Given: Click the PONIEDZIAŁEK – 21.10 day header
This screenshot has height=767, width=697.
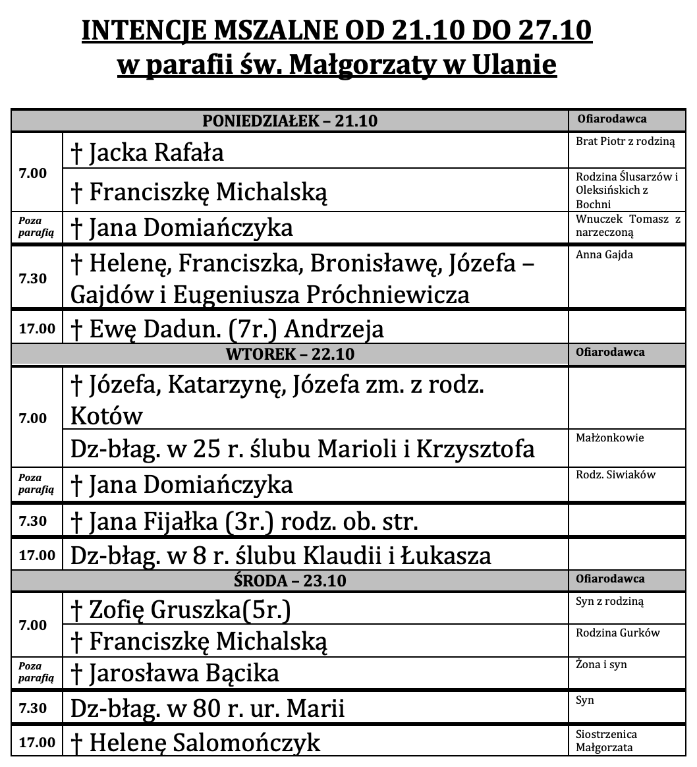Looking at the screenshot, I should click(290, 121).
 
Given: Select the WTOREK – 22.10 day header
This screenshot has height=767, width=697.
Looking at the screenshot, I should click(290, 354).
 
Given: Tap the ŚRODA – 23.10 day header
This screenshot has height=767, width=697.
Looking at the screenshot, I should click(290, 581).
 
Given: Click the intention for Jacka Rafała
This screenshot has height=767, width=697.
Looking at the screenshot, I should click(157, 152).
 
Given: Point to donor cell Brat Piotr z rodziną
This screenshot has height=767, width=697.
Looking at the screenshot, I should click(625, 142).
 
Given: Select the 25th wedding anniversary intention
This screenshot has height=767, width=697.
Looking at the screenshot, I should click(302, 449).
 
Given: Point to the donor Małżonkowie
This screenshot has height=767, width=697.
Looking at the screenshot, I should click(609, 438).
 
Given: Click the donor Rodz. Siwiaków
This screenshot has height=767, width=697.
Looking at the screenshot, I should click(615, 474).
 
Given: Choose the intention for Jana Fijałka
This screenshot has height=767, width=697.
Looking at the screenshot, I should click(244, 521).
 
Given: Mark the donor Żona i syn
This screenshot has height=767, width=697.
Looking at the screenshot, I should click(601, 664).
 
